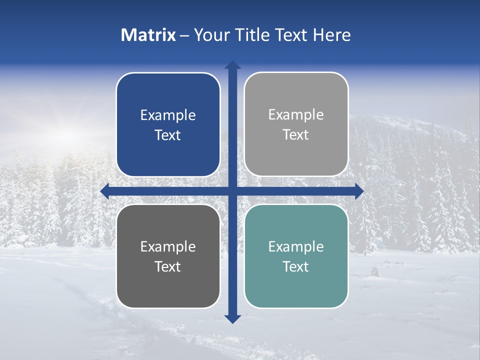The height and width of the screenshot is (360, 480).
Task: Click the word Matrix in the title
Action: (x=148, y=35)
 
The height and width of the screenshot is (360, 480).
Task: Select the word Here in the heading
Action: (x=332, y=35)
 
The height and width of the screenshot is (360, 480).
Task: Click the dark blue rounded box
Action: (x=168, y=124)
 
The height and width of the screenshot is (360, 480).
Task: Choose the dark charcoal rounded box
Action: (x=168, y=256)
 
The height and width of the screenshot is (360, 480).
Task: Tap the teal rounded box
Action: (x=296, y=256)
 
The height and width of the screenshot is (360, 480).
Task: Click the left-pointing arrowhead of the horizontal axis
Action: (x=104, y=191)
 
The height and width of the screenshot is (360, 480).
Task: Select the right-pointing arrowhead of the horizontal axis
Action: (x=359, y=191)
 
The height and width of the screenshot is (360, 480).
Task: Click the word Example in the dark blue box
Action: (x=168, y=115)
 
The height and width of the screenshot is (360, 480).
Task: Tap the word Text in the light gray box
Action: (x=296, y=135)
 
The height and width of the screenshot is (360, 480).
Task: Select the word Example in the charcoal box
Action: (x=168, y=247)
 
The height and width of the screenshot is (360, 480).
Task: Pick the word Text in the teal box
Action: (x=296, y=267)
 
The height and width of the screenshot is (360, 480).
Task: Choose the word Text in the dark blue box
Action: (x=168, y=135)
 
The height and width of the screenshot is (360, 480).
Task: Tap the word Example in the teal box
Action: (x=296, y=247)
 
